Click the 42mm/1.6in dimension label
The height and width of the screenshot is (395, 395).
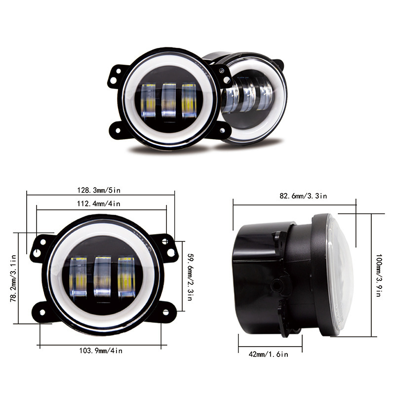269,354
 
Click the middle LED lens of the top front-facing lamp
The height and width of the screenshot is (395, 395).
169,100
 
